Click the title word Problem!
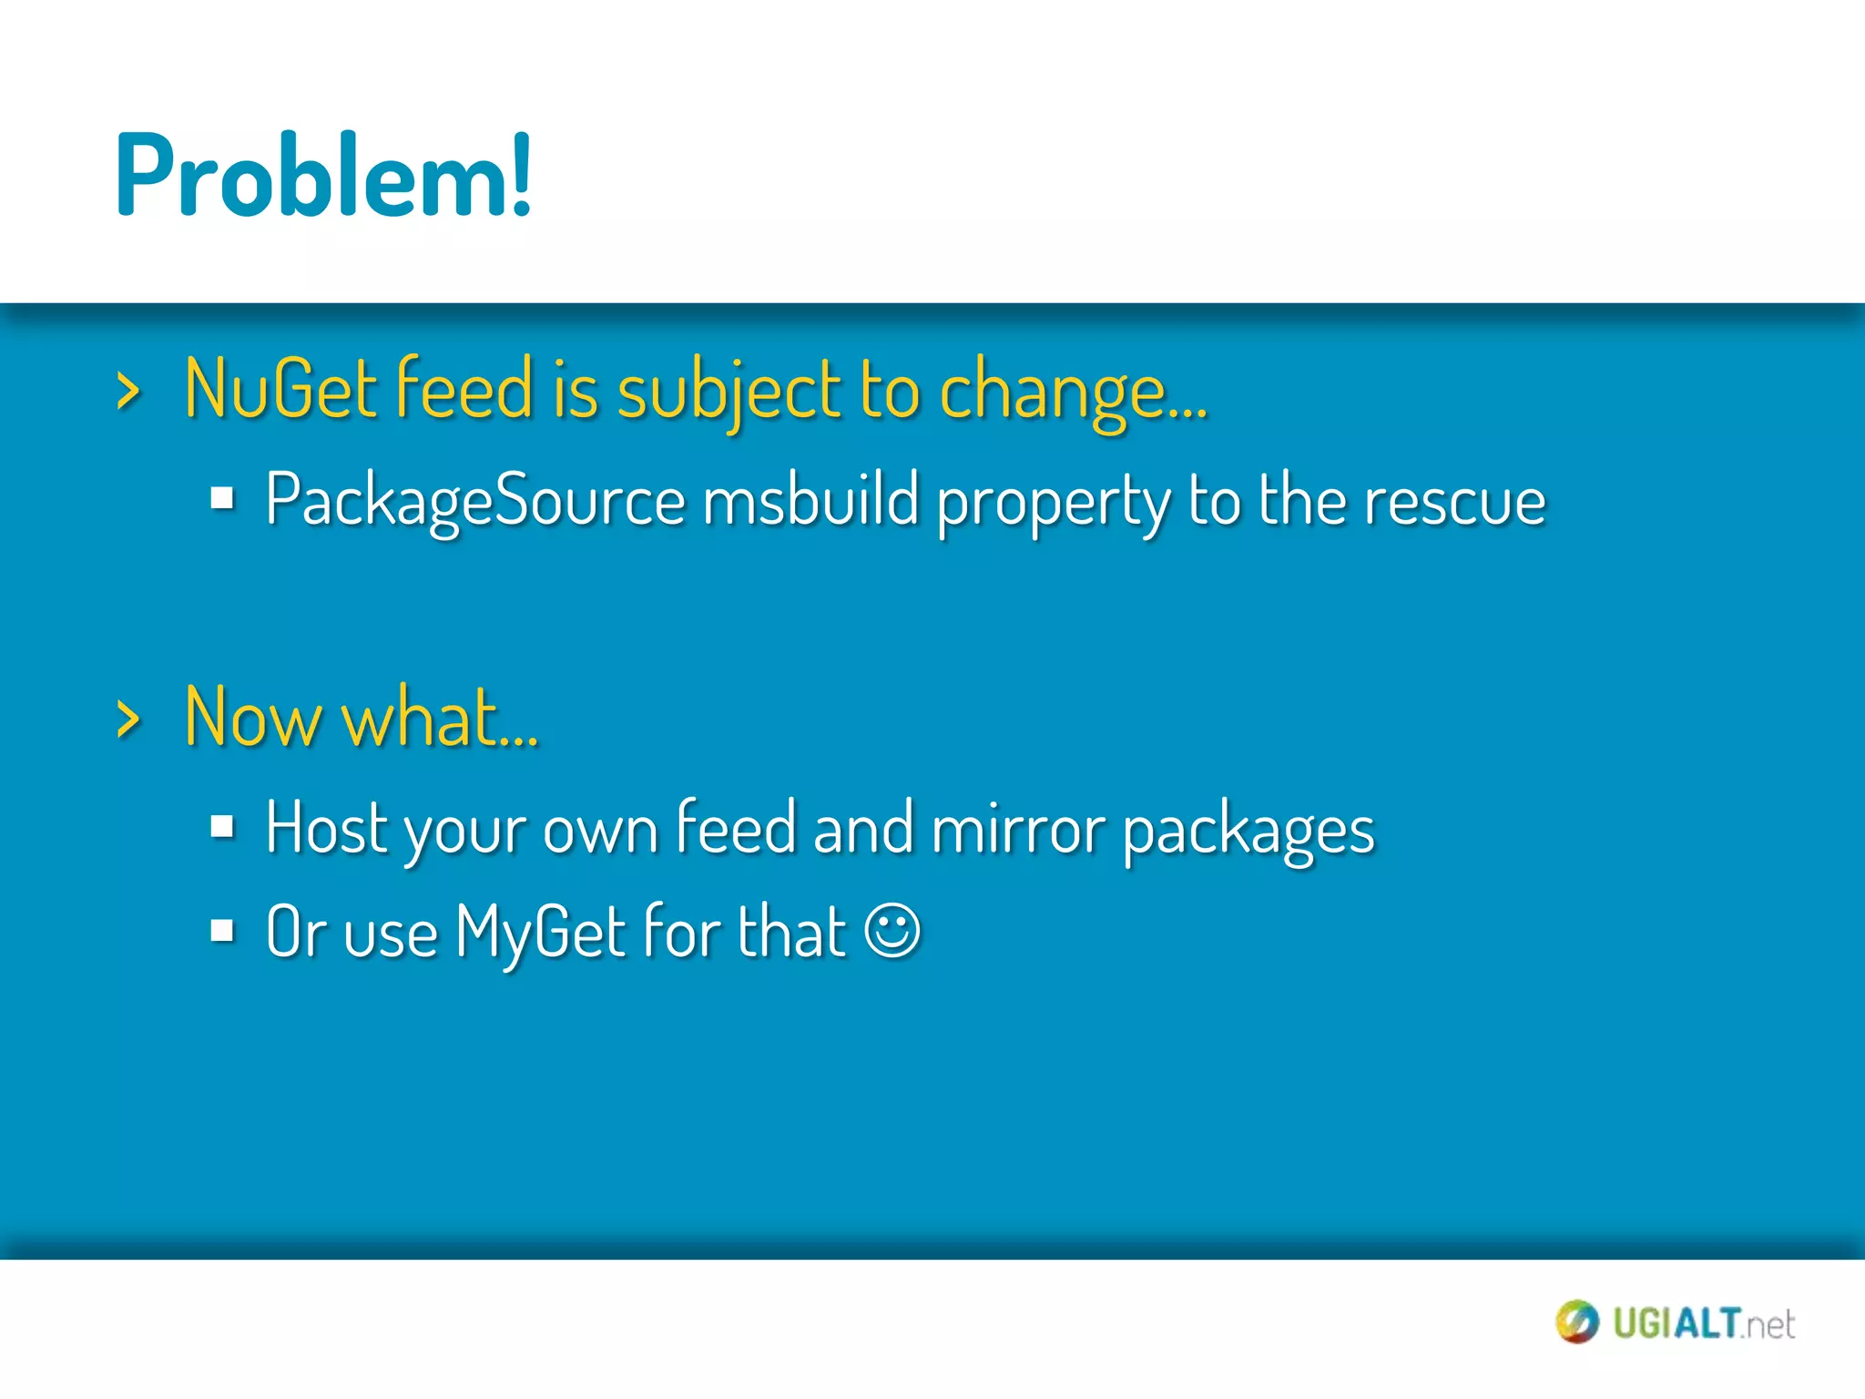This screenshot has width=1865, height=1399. (x=323, y=176)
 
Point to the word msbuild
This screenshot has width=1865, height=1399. (x=810, y=501)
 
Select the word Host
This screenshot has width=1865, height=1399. (x=327, y=827)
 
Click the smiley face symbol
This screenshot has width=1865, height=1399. (x=892, y=931)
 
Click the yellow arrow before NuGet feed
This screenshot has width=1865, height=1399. (x=128, y=393)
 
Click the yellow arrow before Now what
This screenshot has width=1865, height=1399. (x=128, y=720)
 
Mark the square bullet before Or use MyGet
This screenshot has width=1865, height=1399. (x=222, y=931)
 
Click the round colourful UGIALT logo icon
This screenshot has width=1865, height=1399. (x=1576, y=1322)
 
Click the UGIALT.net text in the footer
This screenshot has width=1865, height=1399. (x=1703, y=1323)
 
